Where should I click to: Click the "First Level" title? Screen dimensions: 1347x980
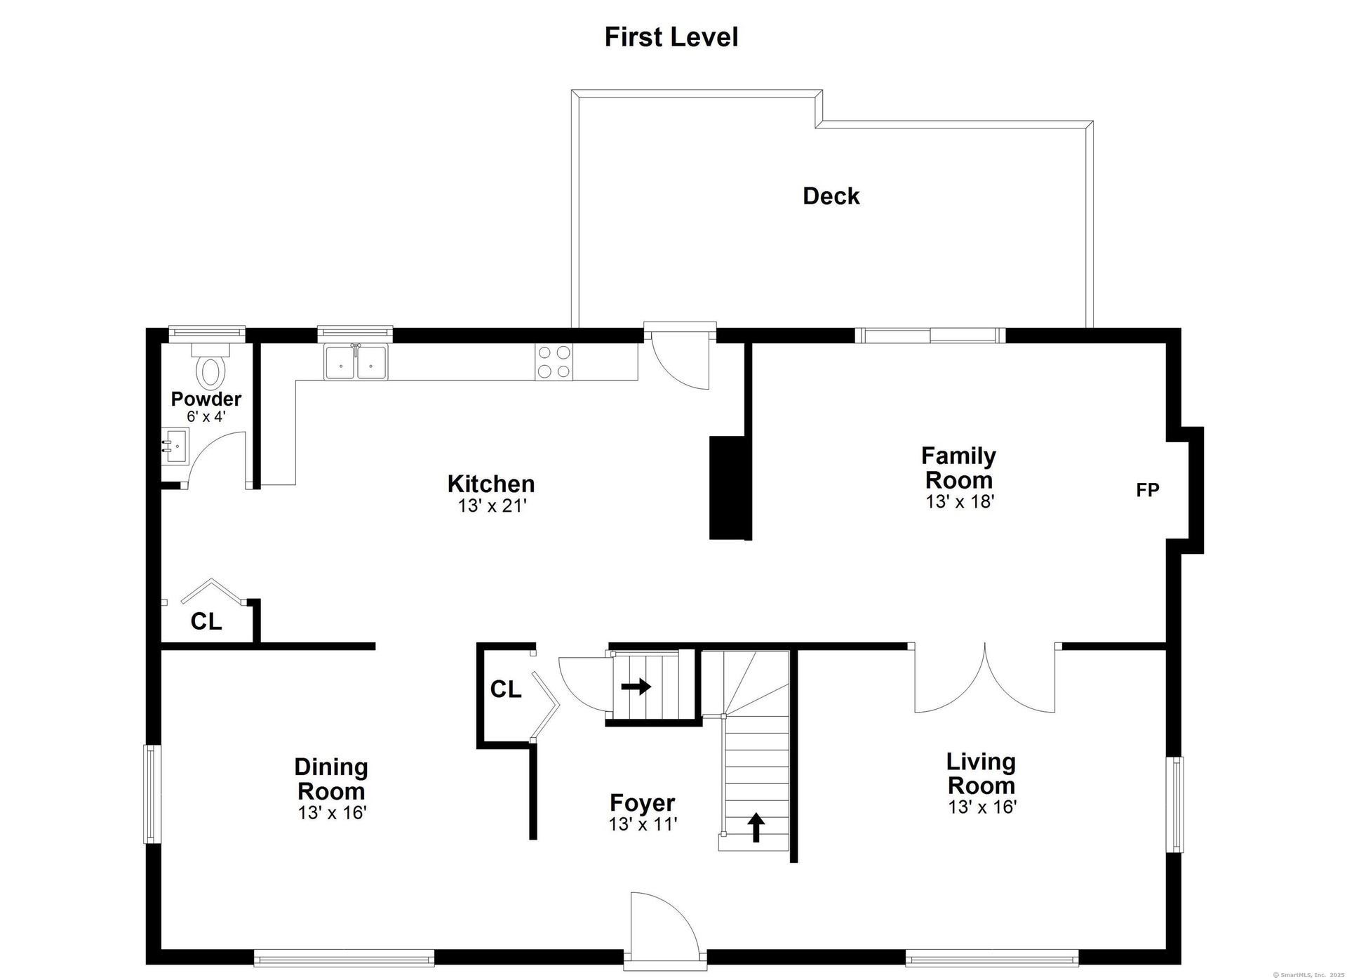point(671,37)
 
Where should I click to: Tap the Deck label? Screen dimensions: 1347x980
point(831,196)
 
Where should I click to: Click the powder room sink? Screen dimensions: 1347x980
point(175,446)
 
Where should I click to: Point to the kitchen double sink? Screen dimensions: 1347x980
point(356,362)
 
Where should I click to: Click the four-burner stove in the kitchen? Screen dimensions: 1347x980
point(554,362)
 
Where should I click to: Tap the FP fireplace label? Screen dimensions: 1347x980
point(1148,490)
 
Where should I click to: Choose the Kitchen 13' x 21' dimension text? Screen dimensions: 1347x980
point(492,505)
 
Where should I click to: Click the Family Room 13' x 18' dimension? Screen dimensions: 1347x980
point(960,501)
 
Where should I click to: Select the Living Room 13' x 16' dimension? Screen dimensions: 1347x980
point(982,807)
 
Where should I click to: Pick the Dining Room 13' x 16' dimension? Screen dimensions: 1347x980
point(332,813)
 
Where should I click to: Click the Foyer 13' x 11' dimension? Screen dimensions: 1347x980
point(643,824)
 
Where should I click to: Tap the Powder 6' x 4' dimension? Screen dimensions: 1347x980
point(206,416)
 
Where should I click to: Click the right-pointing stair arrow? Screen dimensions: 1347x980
point(636,686)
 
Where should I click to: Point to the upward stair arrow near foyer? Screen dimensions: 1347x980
point(755,827)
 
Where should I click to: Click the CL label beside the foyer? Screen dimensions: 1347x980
point(506,689)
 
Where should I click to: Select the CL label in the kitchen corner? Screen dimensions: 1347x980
point(206,621)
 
